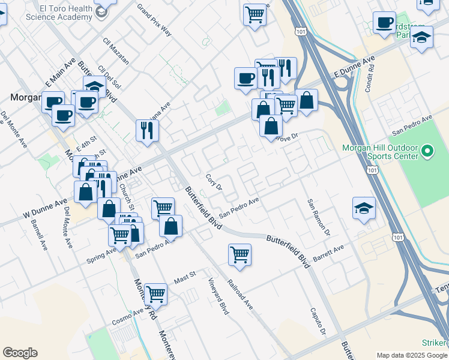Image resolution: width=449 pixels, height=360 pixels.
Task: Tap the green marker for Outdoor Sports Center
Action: pos(427,151)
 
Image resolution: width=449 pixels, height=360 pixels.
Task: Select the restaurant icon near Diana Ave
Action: pos(147,130)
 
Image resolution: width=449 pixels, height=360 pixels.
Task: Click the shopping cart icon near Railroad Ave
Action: pos(240,254)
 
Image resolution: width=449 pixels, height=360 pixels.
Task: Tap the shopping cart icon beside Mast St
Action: pos(155,293)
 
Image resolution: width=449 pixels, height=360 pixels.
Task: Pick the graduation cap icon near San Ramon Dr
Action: pos(364,208)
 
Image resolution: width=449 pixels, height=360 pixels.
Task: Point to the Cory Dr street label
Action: pos(214,182)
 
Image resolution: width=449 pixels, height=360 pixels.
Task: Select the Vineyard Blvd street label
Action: pos(218,296)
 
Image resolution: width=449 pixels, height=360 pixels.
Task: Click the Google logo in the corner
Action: pos(20,353)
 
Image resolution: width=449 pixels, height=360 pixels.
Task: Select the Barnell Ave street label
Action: pos(37,235)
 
